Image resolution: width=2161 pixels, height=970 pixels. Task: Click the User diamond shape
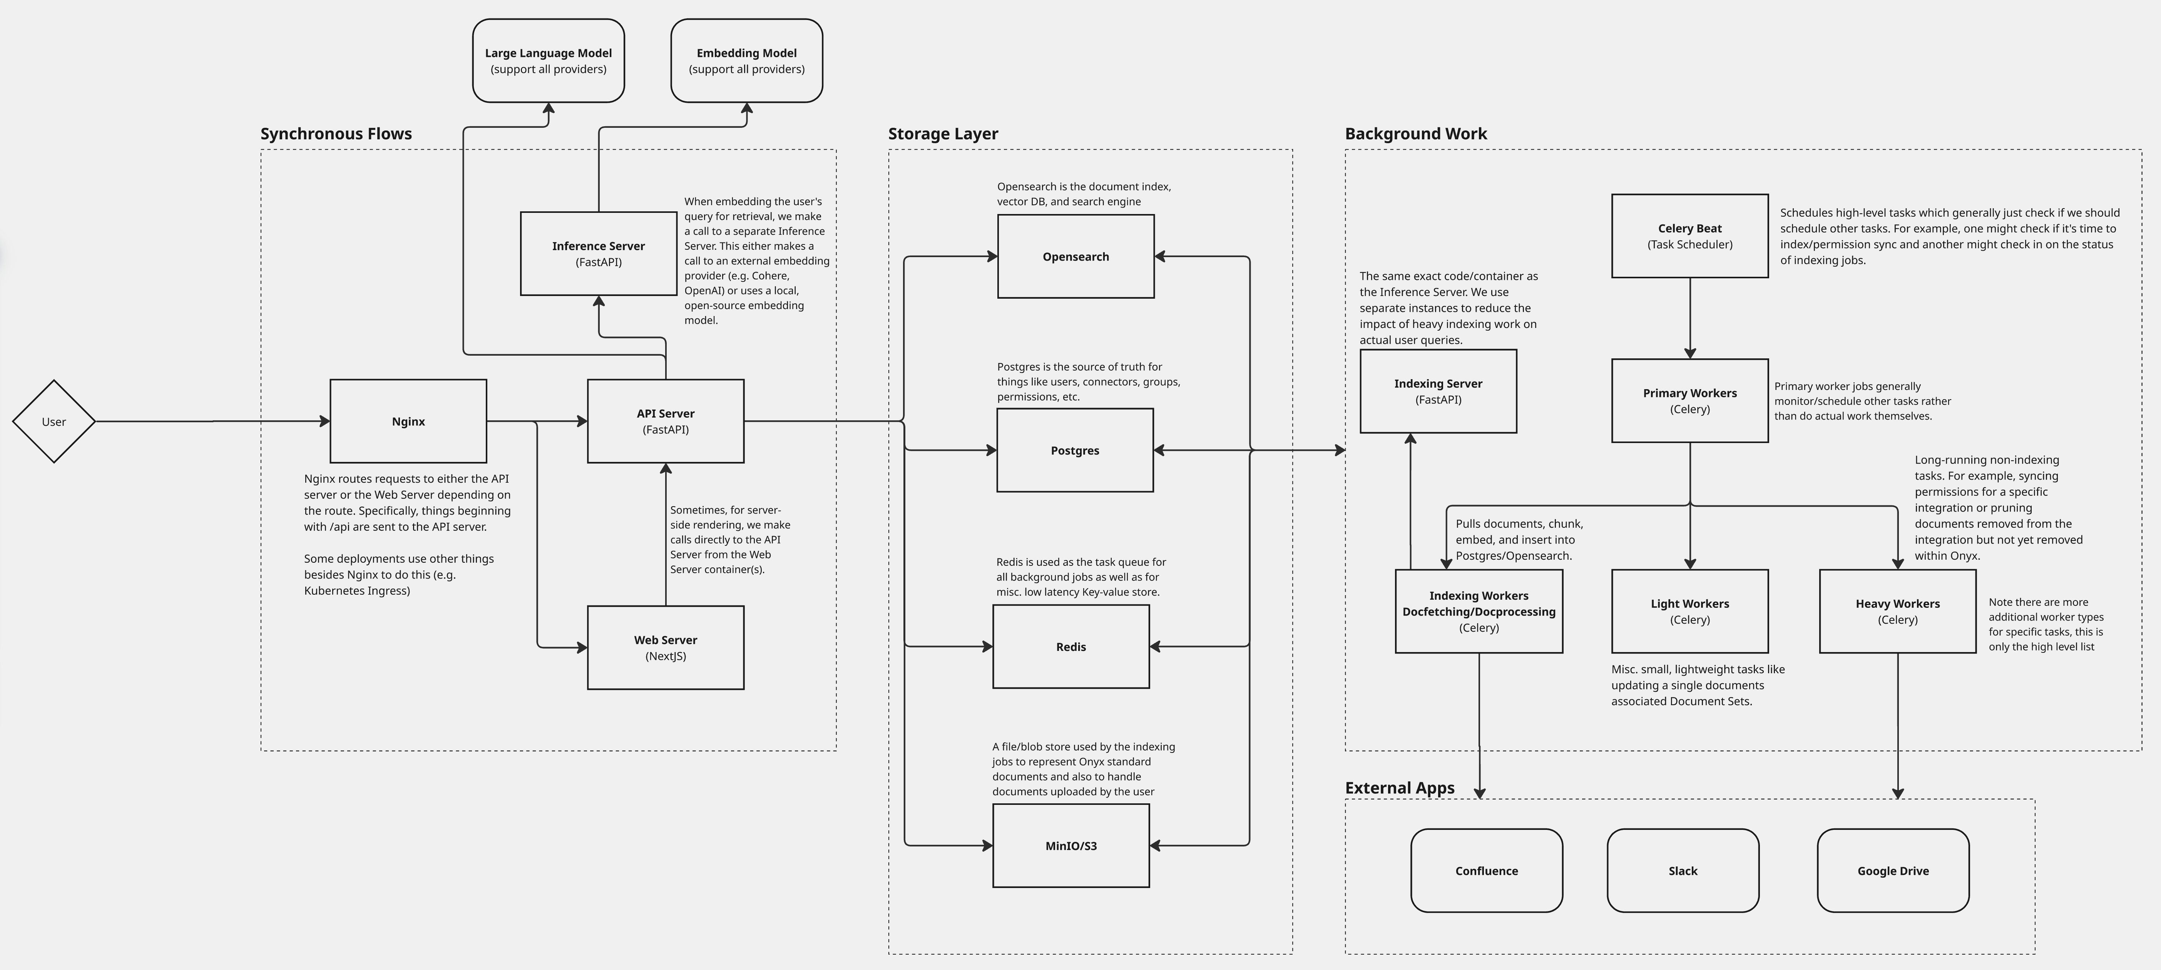(54, 421)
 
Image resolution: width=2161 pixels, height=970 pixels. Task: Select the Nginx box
(408, 421)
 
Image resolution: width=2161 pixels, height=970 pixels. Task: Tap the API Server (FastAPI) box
(665, 421)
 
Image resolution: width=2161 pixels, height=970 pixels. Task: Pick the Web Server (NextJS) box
(665, 648)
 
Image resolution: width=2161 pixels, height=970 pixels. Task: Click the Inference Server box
(598, 253)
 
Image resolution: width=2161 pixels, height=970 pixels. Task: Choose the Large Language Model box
(549, 60)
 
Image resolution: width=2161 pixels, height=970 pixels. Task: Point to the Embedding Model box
(747, 60)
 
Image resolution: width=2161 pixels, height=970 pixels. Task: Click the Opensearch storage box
(1075, 256)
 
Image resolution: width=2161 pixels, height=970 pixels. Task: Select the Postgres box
(1075, 450)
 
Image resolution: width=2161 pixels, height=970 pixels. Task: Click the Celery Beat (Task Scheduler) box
(1689, 236)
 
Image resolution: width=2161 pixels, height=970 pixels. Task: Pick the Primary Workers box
(1689, 400)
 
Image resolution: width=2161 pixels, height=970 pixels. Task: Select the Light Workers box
(1689, 611)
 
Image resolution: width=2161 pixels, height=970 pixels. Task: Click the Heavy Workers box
(1898, 611)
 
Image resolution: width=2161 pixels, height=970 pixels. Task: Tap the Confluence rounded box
(1487, 870)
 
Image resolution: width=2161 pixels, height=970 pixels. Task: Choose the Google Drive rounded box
(1893, 870)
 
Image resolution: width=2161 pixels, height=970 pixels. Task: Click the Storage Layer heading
(943, 134)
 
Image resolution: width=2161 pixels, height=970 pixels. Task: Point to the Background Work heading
(1416, 134)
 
